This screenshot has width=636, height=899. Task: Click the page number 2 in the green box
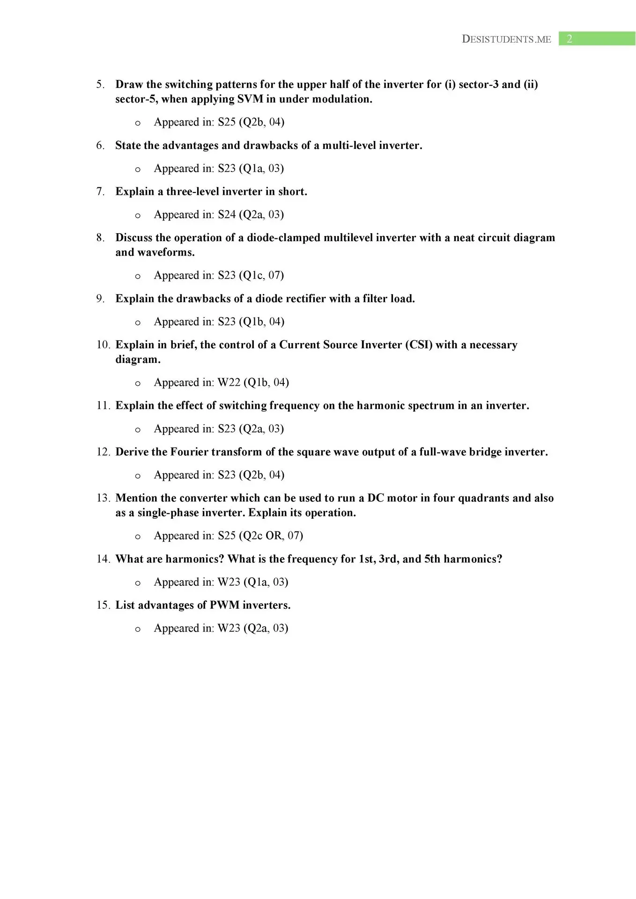569,39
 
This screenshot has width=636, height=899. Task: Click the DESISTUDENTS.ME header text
506,39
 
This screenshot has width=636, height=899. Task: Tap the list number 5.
100,84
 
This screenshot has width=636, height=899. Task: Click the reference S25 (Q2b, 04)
251,122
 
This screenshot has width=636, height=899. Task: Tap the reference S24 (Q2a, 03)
251,214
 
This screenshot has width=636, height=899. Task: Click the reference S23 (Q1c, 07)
251,275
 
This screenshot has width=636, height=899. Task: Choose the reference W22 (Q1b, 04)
253,383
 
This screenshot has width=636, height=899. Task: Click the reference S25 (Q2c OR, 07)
260,536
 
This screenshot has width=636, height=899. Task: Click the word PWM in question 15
224,605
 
